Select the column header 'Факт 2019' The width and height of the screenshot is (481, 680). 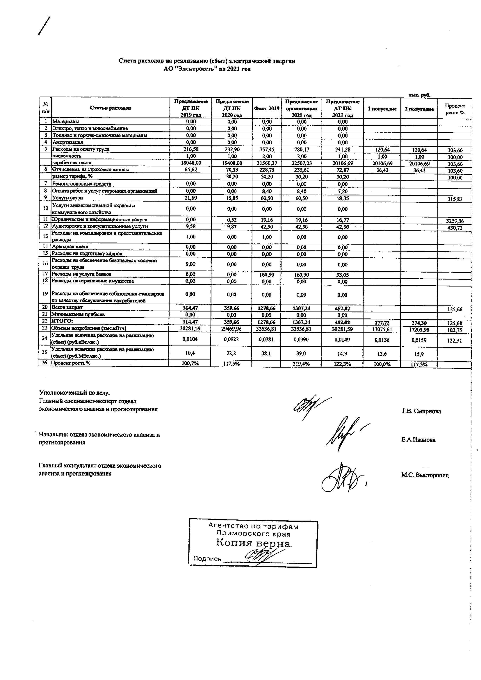pyautogui.click(x=266, y=108)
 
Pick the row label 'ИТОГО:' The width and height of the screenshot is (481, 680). pyautogui.click(x=62, y=321)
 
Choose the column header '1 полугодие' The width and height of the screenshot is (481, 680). pyautogui.click(x=382, y=109)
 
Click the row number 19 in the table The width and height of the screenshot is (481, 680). pyautogui.click(x=45, y=294)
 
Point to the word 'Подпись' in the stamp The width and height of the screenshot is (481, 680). pyautogui.click(x=207, y=559)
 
